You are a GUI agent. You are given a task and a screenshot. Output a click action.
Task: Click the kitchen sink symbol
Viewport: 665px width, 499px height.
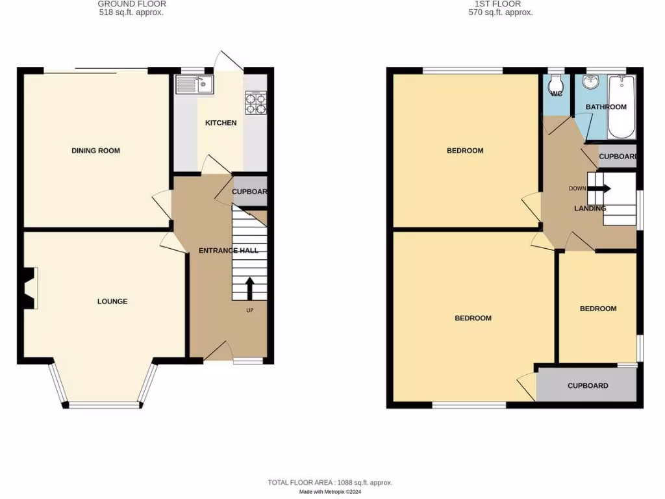point(194,84)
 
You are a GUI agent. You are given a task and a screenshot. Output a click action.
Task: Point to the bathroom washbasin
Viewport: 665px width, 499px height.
point(591,83)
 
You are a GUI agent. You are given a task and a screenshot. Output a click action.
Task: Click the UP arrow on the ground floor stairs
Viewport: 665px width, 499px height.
point(249,288)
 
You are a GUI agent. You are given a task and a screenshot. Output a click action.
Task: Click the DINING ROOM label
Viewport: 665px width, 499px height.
point(95,151)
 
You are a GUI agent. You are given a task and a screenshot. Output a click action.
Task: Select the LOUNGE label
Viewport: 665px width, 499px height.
point(112,301)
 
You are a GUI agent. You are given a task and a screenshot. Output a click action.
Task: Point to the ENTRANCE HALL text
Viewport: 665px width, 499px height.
point(228,250)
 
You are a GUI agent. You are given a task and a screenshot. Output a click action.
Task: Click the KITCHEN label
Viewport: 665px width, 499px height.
point(221,123)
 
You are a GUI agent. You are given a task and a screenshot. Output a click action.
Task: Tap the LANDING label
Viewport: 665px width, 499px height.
point(590,209)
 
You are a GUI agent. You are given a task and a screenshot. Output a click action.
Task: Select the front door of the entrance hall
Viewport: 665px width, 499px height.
point(218,351)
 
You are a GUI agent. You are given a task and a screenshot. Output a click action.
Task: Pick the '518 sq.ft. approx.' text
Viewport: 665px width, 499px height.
point(131,12)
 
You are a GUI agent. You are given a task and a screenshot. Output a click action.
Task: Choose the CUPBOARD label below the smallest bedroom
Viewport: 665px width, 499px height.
point(588,385)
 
